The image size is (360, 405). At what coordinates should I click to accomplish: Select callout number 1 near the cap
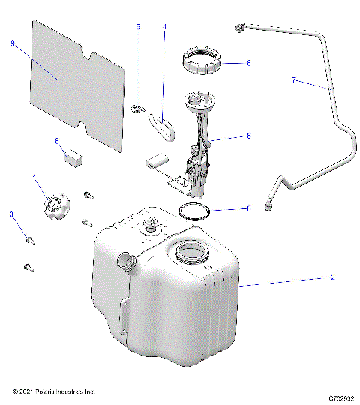click(x=34, y=178)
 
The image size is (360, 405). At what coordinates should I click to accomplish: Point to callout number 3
click(x=11, y=214)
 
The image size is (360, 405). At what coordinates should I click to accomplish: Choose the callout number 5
click(x=138, y=27)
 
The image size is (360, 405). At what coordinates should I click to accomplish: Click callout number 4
click(x=164, y=27)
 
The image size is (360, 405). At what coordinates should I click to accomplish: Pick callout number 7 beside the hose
click(x=295, y=79)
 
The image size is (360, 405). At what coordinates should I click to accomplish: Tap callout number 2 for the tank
click(x=332, y=277)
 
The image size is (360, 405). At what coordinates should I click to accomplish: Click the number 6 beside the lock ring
click(x=248, y=64)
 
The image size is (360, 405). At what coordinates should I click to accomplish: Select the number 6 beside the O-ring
click(x=248, y=209)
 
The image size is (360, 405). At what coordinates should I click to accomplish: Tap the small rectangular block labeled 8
click(x=72, y=157)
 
